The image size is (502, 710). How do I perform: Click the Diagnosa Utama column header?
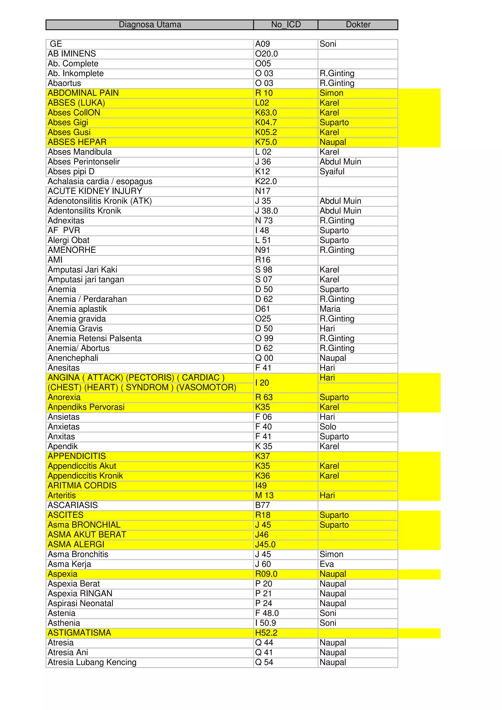[150, 25]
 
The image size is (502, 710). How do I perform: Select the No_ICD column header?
[286, 25]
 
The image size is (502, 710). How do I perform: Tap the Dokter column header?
[358, 25]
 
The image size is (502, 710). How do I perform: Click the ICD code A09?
[263, 44]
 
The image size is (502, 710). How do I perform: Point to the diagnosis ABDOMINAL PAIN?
[83, 93]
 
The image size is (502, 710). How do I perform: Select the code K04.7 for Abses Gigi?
[266, 123]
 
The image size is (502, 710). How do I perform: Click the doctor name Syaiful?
[332, 172]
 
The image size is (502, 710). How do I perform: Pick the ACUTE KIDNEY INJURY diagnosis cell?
[95, 191]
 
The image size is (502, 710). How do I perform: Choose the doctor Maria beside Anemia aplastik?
[330, 309]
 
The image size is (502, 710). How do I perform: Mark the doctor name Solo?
[328, 427]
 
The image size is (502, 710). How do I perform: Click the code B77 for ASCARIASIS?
[263, 505]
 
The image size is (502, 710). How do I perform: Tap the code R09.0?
[266, 574]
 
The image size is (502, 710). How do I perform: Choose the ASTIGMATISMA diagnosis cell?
[79, 633]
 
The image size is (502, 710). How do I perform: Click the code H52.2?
[266, 633]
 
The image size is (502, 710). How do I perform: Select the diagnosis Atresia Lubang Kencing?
[92, 662]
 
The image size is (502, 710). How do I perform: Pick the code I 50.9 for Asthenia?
[266, 623]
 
